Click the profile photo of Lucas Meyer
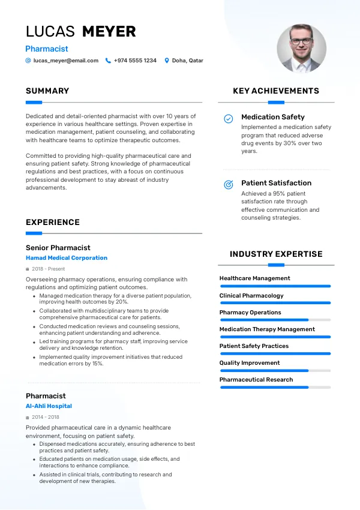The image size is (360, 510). (301, 49)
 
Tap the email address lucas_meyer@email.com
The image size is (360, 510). (66, 61)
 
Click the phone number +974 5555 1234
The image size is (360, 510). (135, 61)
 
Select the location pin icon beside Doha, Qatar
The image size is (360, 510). (167, 61)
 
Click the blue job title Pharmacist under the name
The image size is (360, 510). (47, 49)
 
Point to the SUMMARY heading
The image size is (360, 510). (47, 91)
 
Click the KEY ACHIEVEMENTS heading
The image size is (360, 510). (276, 91)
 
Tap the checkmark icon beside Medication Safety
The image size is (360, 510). (229, 119)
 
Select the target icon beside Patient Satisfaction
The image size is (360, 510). (229, 185)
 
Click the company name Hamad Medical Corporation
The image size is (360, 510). (67, 258)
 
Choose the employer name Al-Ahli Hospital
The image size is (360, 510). (49, 406)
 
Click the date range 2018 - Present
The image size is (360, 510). (48, 269)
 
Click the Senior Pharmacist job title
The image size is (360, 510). (58, 247)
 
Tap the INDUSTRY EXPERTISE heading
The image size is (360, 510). (276, 254)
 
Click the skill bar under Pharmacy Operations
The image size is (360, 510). (275, 320)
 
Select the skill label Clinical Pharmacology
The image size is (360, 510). (251, 295)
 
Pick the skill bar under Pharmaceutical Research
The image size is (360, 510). (275, 387)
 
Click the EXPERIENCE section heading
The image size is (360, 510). (53, 223)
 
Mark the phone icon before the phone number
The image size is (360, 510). (108, 61)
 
